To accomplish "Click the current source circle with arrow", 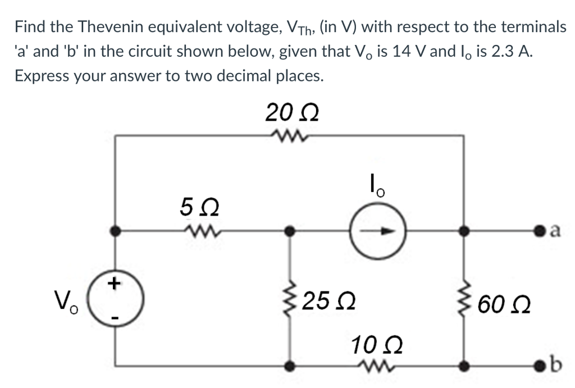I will [x=376, y=231].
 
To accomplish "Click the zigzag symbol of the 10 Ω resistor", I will [x=371, y=366].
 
